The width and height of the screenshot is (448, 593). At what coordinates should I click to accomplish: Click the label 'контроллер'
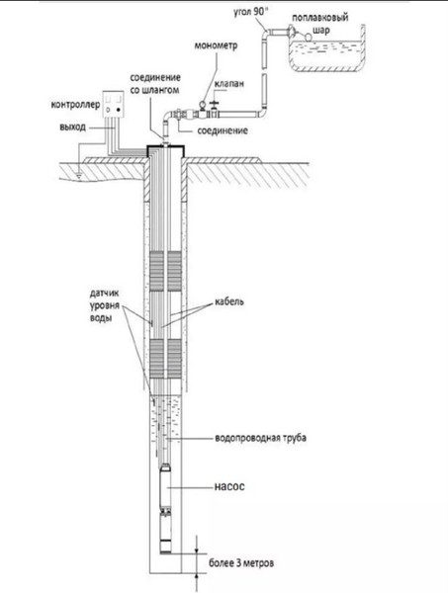coord(75,105)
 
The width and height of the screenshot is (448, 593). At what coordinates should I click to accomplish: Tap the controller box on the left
coord(113,104)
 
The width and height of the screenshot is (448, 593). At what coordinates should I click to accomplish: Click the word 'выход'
coord(72,127)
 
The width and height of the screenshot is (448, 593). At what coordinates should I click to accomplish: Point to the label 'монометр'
coord(216,45)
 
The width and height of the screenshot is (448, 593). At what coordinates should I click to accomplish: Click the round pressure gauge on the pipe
coord(203,104)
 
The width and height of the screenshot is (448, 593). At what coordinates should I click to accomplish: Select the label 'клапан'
coord(228,84)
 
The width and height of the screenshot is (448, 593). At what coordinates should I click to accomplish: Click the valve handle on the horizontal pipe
coord(215,103)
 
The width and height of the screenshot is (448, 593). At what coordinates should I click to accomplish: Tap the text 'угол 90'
coord(250,11)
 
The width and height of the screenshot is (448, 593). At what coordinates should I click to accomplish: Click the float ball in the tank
coord(309,37)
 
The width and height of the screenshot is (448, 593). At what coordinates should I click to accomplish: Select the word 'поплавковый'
coord(320,18)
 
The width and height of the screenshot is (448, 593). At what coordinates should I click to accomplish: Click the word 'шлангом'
coord(160,90)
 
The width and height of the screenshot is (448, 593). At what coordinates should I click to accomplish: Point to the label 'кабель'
coord(229,301)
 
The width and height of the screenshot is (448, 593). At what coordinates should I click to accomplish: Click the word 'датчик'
coord(105,294)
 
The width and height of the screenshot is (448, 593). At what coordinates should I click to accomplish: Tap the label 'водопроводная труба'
coord(260,438)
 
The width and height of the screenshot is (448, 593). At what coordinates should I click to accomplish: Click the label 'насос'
coord(229,486)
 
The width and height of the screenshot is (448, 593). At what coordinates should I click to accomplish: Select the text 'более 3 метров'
coord(241,562)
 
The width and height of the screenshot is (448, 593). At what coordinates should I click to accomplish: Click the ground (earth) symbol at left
coord(79,174)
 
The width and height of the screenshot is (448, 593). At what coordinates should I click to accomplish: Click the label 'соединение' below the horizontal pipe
coord(223,130)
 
